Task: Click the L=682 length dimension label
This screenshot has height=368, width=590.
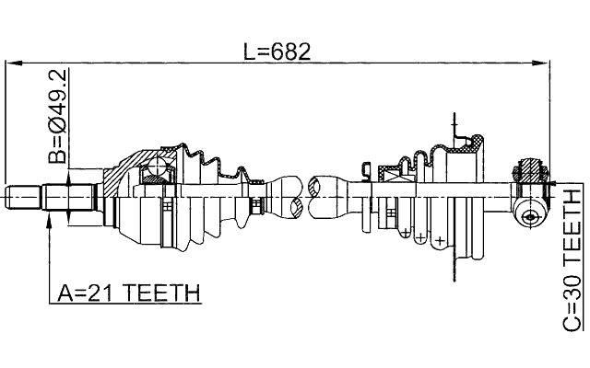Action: (277, 52)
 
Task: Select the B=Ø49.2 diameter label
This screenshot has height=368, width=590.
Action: (57, 116)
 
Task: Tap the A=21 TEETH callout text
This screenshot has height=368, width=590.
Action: (129, 293)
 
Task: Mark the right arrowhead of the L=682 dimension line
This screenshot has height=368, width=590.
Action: (540, 63)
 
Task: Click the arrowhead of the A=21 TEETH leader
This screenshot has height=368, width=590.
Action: (49, 221)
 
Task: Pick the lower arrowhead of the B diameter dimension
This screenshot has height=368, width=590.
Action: (68, 217)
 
